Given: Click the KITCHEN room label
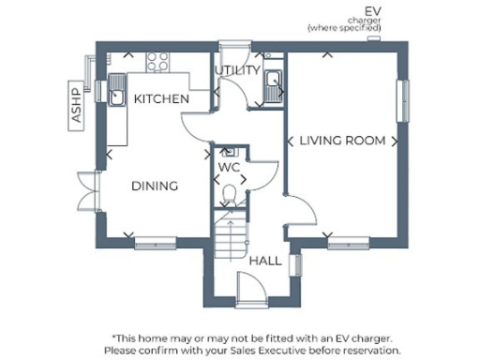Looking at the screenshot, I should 161,98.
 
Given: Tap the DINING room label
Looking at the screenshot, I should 155,186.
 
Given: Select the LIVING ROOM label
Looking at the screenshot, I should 342,141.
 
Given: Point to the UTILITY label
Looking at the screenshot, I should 237,71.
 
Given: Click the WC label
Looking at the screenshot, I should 230,167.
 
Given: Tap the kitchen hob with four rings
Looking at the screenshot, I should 157,62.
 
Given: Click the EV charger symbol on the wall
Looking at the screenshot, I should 374,39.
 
